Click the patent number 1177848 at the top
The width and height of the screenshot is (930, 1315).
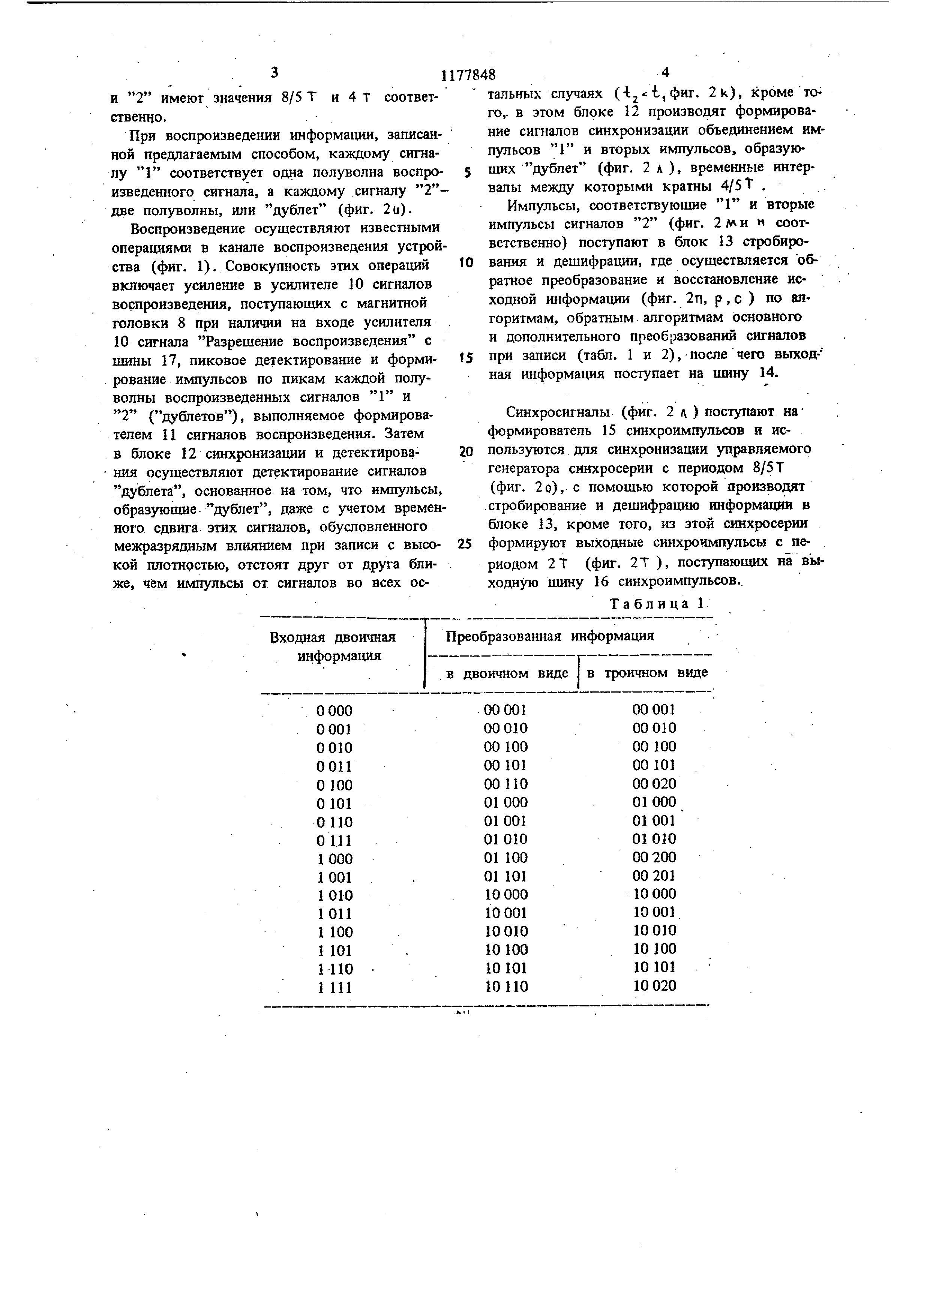[x=468, y=75]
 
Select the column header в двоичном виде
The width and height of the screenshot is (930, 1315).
[x=507, y=673]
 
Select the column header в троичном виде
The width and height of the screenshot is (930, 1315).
[x=647, y=673]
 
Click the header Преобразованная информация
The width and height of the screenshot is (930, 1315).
[x=550, y=636]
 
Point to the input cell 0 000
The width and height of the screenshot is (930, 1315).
[x=334, y=711]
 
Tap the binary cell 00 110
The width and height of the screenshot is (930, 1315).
[x=505, y=784]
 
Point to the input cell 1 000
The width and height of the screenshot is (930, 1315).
[x=334, y=859]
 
